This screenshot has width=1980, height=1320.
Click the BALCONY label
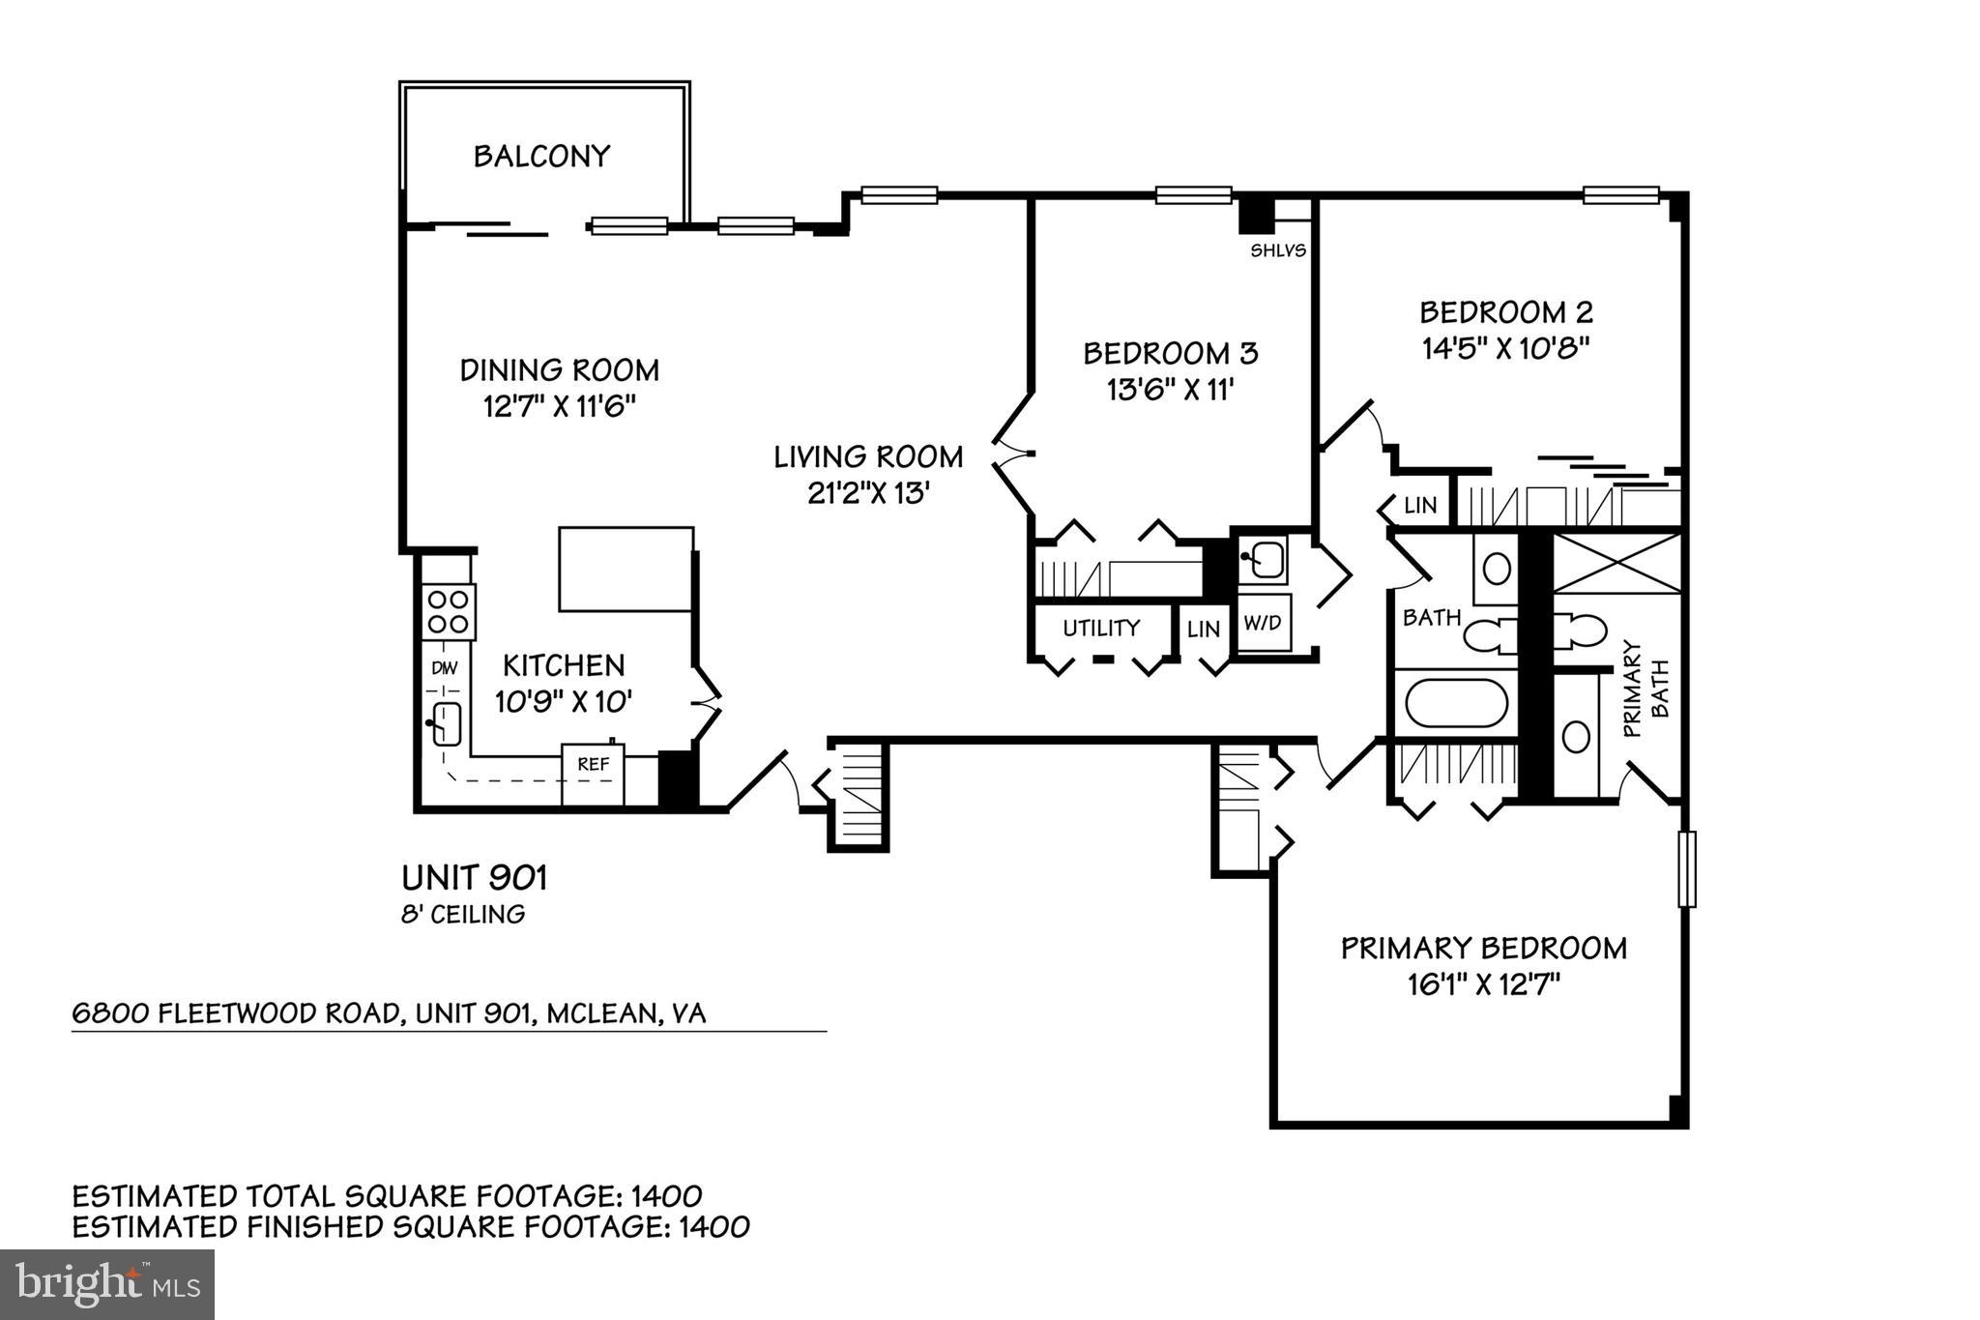click(x=541, y=156)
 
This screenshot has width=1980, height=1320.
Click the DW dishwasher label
click(x=444, y=667)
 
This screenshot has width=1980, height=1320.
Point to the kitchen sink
click(x=445, y=722)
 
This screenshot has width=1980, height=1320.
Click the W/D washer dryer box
click(x=1262, y=623)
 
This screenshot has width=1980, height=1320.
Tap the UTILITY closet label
click(x=1101, y=628)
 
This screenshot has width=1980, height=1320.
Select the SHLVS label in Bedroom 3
click(x=1277, y=250)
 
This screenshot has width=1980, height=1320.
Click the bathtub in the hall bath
click(x=1456, y=703)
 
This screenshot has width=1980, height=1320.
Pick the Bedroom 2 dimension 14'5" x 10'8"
click(x=1505, y=348)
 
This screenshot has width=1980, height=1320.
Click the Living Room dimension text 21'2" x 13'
click(x=868, y=493)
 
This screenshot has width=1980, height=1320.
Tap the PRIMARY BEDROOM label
click(x=1483, y=948)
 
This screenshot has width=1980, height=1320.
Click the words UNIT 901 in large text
click(x=474, y=878)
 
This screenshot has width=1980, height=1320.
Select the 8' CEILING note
click(x=463, y=914)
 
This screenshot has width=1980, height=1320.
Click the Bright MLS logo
click(x=106, y=1284)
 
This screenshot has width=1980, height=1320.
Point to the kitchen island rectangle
click(x=626, y=569)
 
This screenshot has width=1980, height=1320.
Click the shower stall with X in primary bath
click(x=1616, y=562)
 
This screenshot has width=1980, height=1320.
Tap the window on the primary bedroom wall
click(x=1686, y=868)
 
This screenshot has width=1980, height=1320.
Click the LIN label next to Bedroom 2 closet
click(x=1420, y=505)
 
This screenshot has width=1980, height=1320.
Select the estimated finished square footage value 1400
click(x=713, y=1227)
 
